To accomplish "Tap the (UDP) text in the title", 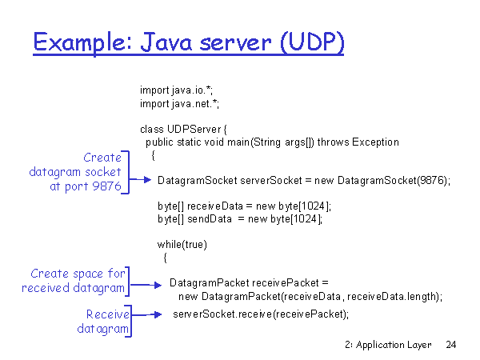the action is [x=312, y=42].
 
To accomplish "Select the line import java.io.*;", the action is [x=176, y=90].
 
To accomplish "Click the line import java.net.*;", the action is [x=179, y=104].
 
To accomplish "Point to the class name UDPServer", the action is [x=194, y=129].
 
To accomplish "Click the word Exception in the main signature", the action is [x=375, y=142].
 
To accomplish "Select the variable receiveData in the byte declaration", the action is [x=215, y=206].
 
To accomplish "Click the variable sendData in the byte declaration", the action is [x=210, y=219].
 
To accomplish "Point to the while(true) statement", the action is [x=182, y=245].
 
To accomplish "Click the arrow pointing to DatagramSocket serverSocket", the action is [x=140, y=180].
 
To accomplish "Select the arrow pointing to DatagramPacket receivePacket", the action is [x=146, y=285].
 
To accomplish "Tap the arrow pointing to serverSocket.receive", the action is [x=146, y=314].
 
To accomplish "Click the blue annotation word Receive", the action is [x=108, y=314].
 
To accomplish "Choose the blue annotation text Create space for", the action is [x=78, y=274].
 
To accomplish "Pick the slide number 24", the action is [x=451, y=345].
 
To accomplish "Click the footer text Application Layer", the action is [x=394, y=345].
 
